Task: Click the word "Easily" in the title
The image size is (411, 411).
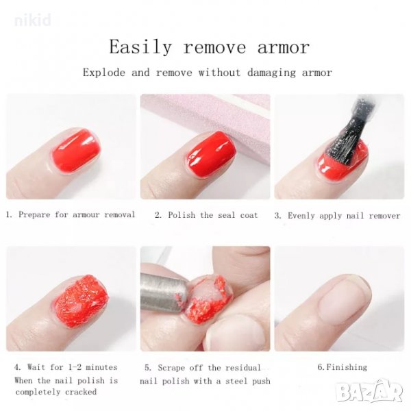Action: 140,47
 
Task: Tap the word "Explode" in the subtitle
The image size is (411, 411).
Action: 104,73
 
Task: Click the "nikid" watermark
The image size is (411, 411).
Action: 33,20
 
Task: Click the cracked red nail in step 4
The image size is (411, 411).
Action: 82,302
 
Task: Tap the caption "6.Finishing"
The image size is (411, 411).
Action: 342,367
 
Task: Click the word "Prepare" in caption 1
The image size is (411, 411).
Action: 34,214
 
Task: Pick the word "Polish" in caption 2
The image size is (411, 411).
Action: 182,215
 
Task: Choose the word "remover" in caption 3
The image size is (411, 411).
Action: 384,216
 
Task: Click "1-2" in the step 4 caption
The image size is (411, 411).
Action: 75,367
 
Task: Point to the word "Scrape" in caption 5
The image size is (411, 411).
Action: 171,367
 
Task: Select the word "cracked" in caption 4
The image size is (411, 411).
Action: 81,392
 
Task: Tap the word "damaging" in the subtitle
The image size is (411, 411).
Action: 271,73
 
